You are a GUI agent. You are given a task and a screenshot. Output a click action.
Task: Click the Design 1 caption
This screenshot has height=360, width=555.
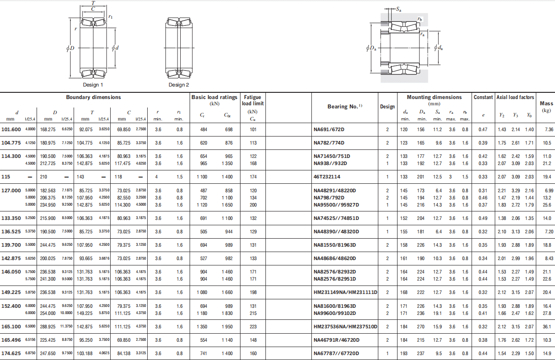point(93,85)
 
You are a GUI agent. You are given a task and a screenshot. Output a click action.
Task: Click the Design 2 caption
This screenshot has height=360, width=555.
point(178,85)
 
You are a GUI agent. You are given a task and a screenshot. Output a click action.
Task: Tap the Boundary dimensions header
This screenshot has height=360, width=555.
point(93,97)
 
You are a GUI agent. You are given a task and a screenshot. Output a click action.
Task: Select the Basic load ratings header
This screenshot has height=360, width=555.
point(214,97)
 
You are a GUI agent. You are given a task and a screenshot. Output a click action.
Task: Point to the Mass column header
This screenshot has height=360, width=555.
point(547,103)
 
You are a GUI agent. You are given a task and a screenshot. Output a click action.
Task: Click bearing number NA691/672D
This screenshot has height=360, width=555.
point(329,129)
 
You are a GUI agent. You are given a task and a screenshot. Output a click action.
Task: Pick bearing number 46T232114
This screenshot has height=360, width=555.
point(327,177)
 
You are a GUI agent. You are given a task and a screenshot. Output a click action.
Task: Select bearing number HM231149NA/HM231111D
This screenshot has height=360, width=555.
point(345,292)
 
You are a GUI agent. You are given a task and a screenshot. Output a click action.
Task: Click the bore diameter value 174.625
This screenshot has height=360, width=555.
point(11,353)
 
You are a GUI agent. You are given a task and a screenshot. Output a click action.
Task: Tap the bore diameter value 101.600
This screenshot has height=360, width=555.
point(11,129)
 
